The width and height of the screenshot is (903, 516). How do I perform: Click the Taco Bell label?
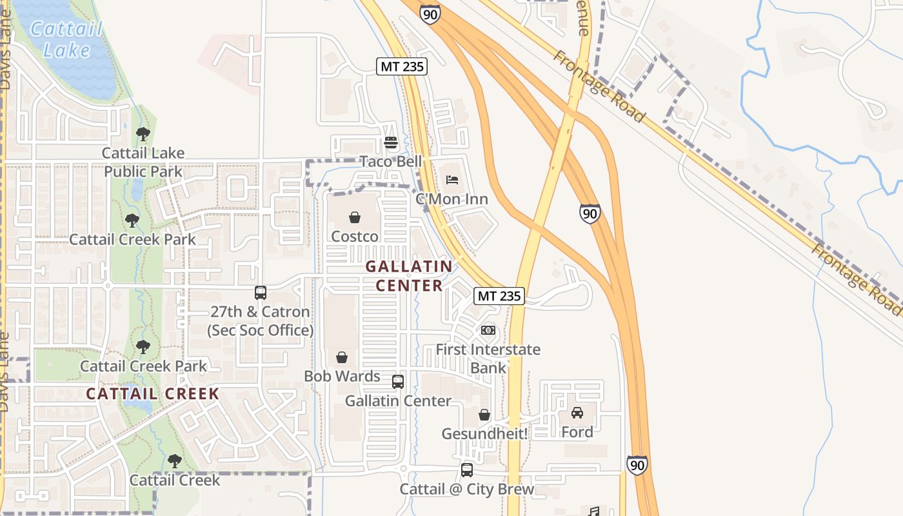tap(390, 161)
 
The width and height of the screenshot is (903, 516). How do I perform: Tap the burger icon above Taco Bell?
tap(390, 142)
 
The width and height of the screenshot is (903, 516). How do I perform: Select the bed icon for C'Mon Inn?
tap(451, 179)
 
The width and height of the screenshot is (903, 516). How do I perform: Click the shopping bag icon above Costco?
tap(355, 217)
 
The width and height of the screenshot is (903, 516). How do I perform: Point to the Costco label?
tap(355, 237)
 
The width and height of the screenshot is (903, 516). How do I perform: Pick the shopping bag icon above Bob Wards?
tap(342, 357)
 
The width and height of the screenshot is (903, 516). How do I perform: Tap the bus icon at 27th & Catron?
tap(261, 293)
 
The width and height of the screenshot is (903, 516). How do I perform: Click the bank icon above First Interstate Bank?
tap(488, 330)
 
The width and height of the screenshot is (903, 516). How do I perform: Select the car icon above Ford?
tap(577, 413)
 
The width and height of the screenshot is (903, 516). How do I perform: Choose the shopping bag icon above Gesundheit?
tap(484, 415)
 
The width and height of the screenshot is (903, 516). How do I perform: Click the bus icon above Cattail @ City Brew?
tap(467, 470)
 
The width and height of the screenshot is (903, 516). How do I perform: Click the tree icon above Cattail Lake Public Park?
tap(143, 134)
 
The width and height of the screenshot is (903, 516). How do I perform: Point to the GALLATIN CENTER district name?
tap(410, 275)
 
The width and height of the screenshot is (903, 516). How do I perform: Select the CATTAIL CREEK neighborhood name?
tap(153, 393)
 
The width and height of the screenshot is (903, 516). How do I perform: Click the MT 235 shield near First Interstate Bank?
tap(499, 296)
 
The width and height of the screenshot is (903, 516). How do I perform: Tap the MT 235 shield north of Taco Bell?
tap(402, 66)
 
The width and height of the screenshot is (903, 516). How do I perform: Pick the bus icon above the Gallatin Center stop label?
tap(398, 381)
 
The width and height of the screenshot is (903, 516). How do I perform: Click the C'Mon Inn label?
tap(451, 199)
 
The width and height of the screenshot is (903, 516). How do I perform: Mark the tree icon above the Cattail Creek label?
tap(174, 461)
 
